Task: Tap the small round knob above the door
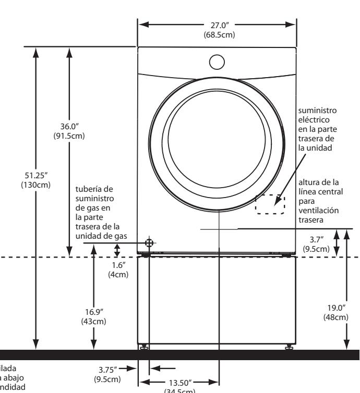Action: (217, 62)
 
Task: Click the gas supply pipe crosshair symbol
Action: (150, 242)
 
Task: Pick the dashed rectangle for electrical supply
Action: (270, 205)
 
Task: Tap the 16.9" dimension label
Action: (94, 313)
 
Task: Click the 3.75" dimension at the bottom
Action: (111, 368)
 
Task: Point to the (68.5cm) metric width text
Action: (217, 35)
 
